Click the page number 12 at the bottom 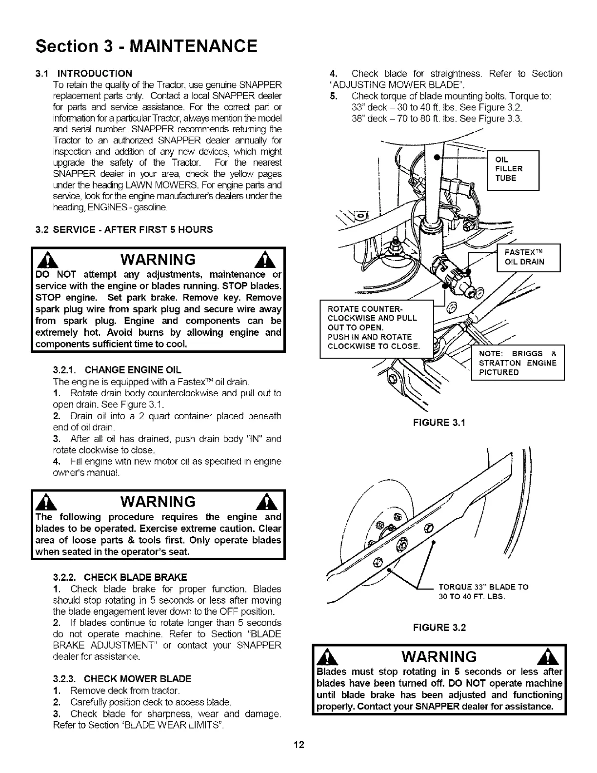(298, 758)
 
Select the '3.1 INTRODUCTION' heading (83, 74)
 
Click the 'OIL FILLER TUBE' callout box (513, 169)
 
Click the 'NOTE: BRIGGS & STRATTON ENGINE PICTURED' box (517, 363)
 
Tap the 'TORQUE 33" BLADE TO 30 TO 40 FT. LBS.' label (483, 591)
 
